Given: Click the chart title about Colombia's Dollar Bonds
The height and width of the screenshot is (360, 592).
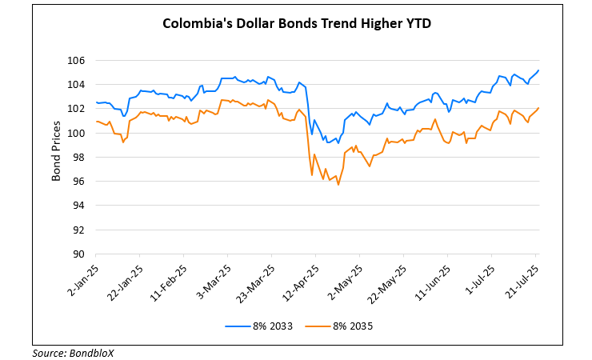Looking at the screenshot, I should coord(297,23).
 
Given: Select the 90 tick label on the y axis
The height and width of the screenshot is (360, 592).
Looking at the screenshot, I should coord(79,254).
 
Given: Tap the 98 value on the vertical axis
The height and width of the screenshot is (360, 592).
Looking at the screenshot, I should coord(79,158).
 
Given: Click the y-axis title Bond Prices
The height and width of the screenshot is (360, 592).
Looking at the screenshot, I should coord(56,151).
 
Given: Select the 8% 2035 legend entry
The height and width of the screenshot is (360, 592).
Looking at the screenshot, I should coord(339,326).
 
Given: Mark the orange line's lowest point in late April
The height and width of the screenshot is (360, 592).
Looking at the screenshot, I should coord(338,185).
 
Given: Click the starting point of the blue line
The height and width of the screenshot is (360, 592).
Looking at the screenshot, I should coord(96,102).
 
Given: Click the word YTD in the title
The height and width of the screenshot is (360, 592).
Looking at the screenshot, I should coord(418,23).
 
